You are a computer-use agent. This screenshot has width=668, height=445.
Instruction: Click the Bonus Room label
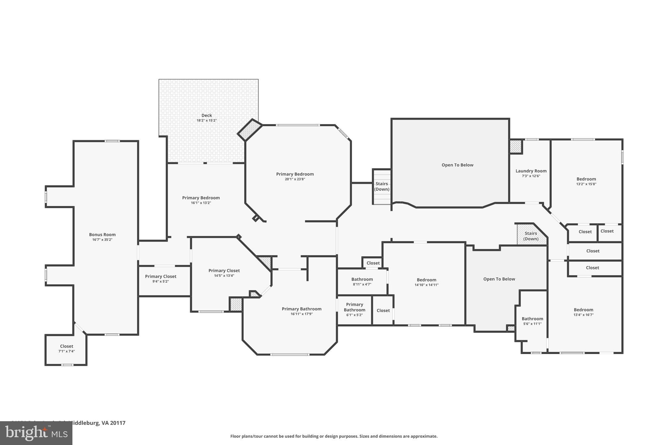102,234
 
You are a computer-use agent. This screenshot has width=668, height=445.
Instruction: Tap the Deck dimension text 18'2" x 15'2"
206,121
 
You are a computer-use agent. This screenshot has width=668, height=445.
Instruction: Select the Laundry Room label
531,171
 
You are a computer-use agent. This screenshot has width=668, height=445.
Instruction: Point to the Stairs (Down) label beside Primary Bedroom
382,186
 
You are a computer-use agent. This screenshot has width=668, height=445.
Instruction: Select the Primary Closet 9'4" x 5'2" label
160,276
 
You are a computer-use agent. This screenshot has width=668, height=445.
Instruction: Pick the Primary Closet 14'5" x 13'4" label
224,271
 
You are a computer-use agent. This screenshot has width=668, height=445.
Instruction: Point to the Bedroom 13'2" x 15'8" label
586,179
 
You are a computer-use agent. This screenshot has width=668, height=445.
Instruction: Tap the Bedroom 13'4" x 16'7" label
584,310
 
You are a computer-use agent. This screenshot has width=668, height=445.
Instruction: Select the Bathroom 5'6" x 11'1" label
532,319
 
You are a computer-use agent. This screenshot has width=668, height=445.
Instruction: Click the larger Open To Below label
457,165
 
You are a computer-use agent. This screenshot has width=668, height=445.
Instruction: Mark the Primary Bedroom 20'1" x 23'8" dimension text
295,179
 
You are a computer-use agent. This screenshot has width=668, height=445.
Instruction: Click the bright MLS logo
36,433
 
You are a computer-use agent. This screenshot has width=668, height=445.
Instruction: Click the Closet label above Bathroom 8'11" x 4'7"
373,263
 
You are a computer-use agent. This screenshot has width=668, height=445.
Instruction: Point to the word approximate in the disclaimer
424,436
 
